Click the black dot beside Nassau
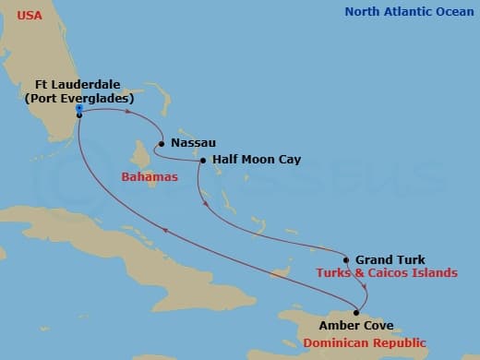162,143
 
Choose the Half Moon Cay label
257,160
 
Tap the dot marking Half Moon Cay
203,161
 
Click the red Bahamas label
149,176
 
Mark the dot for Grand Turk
346,259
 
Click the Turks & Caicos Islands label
386,273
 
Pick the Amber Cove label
355,326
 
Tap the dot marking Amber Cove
356,312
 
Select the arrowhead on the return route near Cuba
166,233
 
